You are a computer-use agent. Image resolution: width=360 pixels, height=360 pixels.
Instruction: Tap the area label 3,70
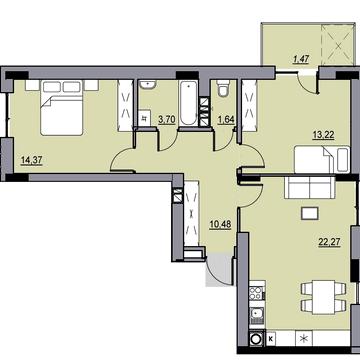point(167,120)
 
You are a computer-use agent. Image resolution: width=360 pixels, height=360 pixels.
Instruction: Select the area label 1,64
point(225,120)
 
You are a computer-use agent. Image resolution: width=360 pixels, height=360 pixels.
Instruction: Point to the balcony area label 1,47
point(302,59)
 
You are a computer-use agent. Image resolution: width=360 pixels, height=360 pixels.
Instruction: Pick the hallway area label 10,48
point(221,224)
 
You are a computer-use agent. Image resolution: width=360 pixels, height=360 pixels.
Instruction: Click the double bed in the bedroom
point(62,107)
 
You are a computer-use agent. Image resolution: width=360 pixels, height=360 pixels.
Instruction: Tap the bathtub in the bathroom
point(188,103)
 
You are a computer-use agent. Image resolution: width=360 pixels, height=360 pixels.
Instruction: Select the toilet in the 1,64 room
point(222,87)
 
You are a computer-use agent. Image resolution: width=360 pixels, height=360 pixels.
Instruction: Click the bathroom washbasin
point(147,85)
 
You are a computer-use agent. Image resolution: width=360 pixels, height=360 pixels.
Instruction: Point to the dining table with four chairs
point(323,297)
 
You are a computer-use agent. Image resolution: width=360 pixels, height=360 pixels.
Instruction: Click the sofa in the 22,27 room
point(309,187)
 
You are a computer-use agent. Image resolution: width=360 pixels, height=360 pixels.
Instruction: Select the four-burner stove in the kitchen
point(256,294)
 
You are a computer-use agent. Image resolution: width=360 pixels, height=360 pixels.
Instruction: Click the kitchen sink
point(256,314)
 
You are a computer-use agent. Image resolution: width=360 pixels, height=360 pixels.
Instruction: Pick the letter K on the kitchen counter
point(271,339)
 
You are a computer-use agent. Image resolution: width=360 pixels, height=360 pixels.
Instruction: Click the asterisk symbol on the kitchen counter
point(303,339)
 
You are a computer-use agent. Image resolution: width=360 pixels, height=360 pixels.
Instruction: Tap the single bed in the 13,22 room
point(321,160)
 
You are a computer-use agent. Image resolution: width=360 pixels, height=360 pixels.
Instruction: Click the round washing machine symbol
point(257,339)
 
